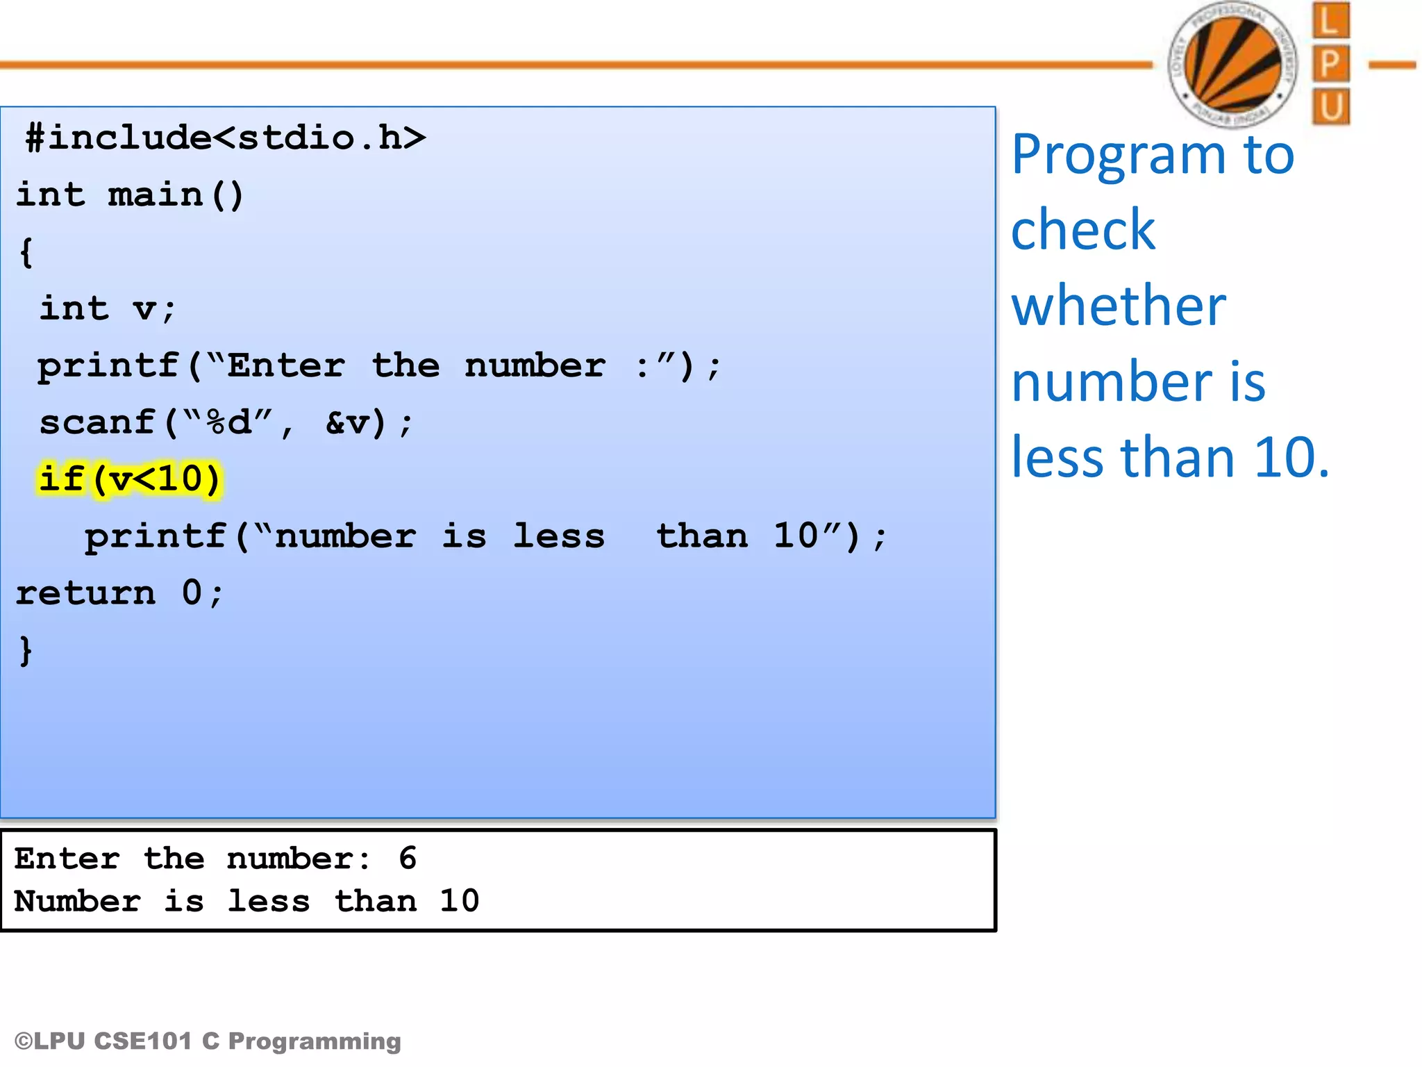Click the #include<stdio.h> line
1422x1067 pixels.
(225, 138)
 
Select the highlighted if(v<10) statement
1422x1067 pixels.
(130, 479)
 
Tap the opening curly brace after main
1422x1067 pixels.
(26, 251)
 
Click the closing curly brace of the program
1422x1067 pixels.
(26, 650)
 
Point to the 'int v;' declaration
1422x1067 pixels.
(108, 308)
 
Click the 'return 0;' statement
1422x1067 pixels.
(119, 593)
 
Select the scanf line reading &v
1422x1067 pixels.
(226, 422)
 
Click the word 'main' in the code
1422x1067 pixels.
(156, 195)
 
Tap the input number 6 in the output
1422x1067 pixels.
(408, 859)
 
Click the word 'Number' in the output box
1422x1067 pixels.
(77, 902)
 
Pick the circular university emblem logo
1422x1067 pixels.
(1232, 65)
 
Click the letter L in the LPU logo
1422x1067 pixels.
(1330, 21)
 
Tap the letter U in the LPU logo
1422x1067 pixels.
(1330, 106)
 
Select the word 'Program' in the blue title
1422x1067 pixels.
(1118, 154)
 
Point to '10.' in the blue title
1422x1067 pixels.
(1291, 458)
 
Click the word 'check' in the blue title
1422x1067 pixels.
(1083, 230)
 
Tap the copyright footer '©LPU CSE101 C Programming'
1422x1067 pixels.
(208, 1041)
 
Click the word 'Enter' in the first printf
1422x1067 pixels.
(286, 365)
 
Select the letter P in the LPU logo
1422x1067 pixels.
(1330, 64)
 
